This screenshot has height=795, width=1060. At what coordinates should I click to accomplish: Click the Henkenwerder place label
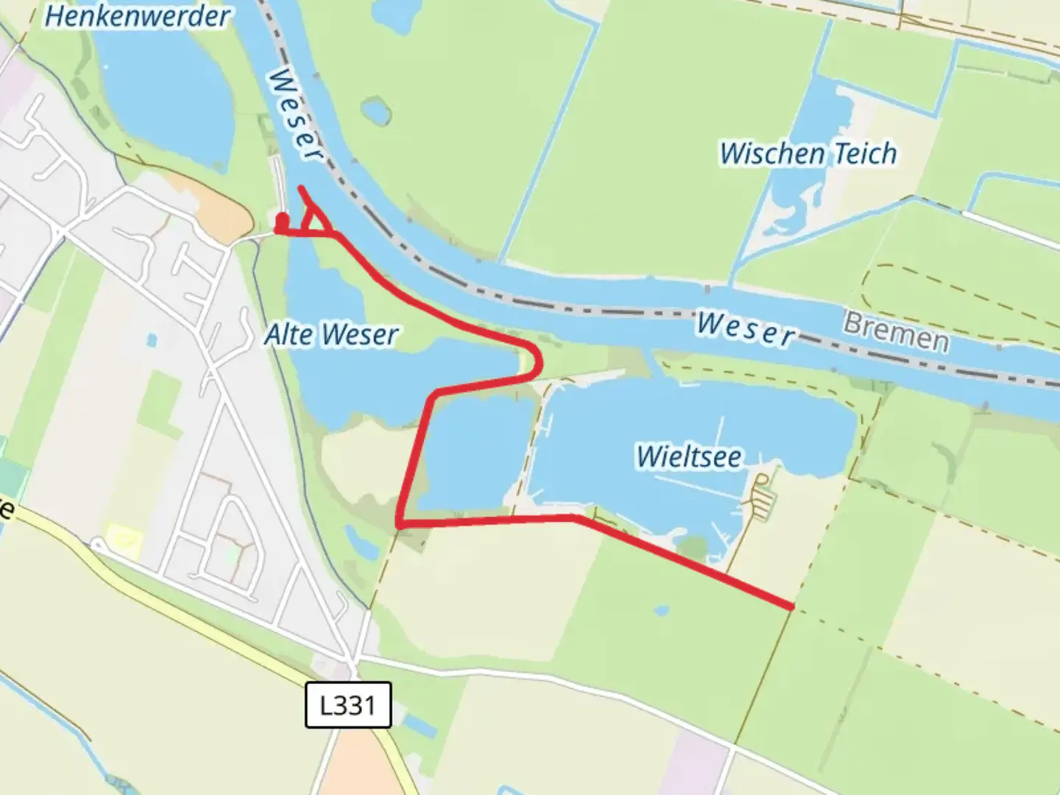tap(137, 16)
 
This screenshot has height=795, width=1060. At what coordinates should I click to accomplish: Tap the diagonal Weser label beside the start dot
tap(296, 115)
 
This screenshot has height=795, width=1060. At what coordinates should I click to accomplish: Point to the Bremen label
tap(896, 333)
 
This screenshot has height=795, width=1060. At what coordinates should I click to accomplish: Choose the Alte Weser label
tap(331, 335)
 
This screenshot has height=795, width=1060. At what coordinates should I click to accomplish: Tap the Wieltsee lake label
tap(689, 456)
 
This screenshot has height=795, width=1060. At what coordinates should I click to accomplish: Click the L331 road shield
tap(347, 705)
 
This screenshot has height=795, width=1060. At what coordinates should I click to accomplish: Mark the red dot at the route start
tap(281, 218)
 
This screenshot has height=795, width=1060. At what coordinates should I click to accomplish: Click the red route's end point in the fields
tap(791, 607)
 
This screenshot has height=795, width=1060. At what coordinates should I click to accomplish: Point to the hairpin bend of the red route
tap(540, 361)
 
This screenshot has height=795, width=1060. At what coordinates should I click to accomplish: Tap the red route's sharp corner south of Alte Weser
tap(399, 523)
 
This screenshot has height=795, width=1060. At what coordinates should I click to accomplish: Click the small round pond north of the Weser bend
tap(376, 110)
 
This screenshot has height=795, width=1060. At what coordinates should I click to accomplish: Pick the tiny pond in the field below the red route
tap(661, 610)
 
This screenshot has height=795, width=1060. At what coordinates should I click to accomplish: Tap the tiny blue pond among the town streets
tap(151, 340)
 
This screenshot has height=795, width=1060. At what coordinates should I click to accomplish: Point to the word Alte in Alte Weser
tap(289, 335)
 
